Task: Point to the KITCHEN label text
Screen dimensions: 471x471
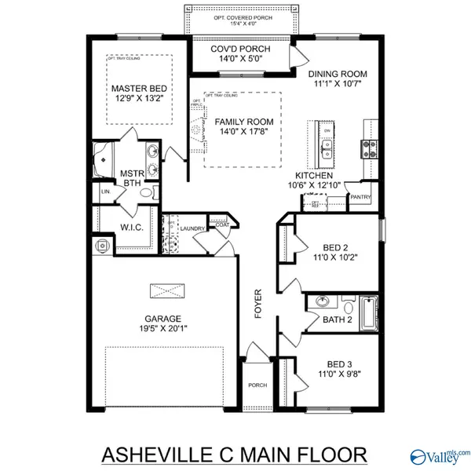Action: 313,175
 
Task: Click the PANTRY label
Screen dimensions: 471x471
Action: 360,197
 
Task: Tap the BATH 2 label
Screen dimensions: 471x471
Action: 338,319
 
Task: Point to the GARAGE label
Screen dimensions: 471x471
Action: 162,319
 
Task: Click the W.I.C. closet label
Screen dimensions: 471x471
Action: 130,228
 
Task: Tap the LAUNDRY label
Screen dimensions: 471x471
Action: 192,228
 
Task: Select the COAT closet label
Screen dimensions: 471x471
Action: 222,224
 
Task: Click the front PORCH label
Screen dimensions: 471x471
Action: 257,385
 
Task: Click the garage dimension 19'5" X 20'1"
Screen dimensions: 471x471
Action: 162,330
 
